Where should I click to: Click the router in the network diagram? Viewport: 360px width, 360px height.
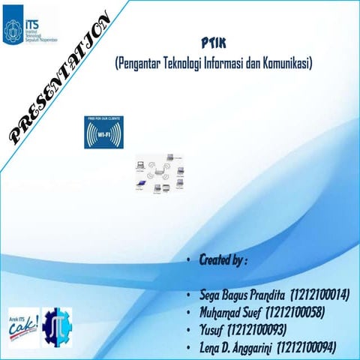pyautogui.click(x=157, y=176)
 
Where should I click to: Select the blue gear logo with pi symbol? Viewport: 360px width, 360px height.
pyautogui.click(x=58, y=327)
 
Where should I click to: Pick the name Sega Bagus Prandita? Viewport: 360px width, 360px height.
pyautogui.click(x=239, y=294)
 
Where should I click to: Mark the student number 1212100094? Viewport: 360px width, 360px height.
pyautogui.click(x=307, y=346)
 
